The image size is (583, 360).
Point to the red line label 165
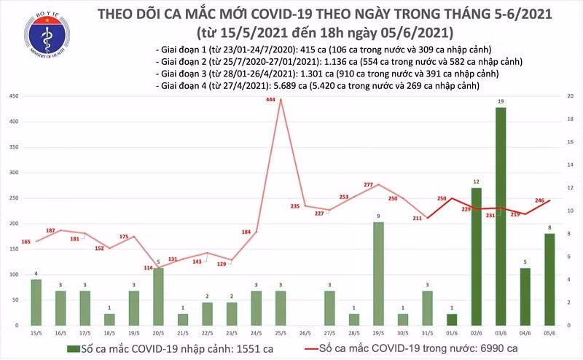click(x=26, y=241)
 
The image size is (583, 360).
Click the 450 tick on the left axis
click(x=13, y=97)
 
